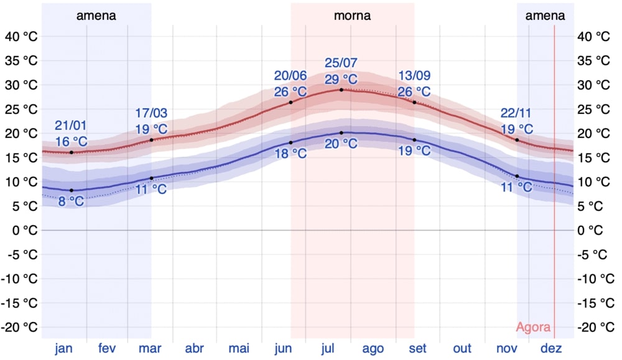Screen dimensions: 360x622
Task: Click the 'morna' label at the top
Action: pos(352,16)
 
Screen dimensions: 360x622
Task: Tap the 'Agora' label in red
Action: pos(533,328)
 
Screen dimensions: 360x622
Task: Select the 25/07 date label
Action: pos(341,63)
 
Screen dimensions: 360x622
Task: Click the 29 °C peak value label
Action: pos(341,79)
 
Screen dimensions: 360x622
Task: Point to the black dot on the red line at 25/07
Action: pos(341,90)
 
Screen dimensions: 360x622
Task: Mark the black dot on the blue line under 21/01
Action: pos(72,190)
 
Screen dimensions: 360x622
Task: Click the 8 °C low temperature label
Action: pos(71,201)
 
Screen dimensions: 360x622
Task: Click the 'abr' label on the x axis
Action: pos(195,349)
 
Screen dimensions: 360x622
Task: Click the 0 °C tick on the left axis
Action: pos(24,230)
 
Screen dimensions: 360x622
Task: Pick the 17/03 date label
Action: pos(151,114)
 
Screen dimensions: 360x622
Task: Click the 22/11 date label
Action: pos(517,114)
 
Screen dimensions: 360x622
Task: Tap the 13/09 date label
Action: pos(414,76)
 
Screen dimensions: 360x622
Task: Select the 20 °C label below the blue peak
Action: pos(341,144)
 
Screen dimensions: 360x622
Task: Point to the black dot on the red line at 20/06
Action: pos(290,102)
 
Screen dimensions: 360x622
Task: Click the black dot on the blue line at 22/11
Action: pos(517,176)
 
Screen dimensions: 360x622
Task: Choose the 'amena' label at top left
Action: pos(96,16)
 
